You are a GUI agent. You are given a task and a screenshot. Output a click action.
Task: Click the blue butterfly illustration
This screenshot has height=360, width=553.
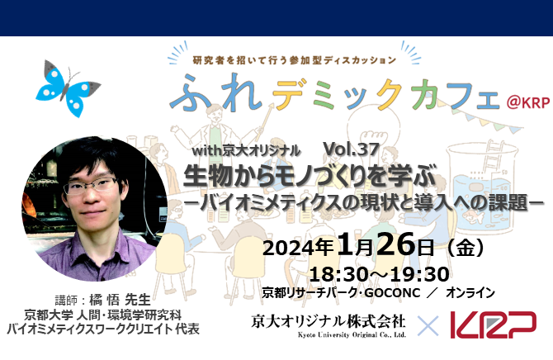point(68,88)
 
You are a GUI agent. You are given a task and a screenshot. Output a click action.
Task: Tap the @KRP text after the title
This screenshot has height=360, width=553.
point(528,102)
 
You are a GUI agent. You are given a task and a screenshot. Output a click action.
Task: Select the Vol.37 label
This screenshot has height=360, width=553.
point(351,149)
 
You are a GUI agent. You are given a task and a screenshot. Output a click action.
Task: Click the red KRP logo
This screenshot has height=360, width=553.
point(493,324)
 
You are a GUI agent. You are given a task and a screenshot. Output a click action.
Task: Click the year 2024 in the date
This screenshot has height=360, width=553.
point(289,248)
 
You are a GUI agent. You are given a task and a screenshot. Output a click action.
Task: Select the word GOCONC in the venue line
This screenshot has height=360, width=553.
point(392,292)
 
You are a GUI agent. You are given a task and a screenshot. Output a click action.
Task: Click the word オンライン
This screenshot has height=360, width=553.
point(470,292)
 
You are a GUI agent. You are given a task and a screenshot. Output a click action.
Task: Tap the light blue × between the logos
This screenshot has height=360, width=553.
point(428,325)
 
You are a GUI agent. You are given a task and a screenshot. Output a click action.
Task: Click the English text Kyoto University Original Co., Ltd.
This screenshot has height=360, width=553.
point(352,334)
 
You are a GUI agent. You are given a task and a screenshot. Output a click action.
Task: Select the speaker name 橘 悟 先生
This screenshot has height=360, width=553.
point(120,300)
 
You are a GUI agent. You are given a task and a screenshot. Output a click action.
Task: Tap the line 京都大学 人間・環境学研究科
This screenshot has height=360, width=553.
point(102,315)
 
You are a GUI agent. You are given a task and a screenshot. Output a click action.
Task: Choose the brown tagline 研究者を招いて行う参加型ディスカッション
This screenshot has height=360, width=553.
point(295,60)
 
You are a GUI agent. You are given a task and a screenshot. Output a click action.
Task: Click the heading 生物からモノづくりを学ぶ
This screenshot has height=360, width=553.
point(310,175)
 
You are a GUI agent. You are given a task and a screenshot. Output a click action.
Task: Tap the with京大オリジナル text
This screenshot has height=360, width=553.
point(246,151)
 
